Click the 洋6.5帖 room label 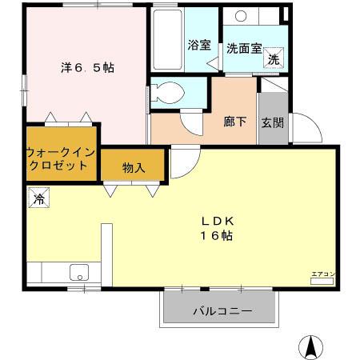tap(86, 68)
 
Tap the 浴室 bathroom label tap(199, 46)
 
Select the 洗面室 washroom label tap(243, 47)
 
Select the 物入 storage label tap(134, 167)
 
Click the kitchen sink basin tap(79, 270)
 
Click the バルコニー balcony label tap(222, 310)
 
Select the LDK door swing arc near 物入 tap(182, 164)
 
